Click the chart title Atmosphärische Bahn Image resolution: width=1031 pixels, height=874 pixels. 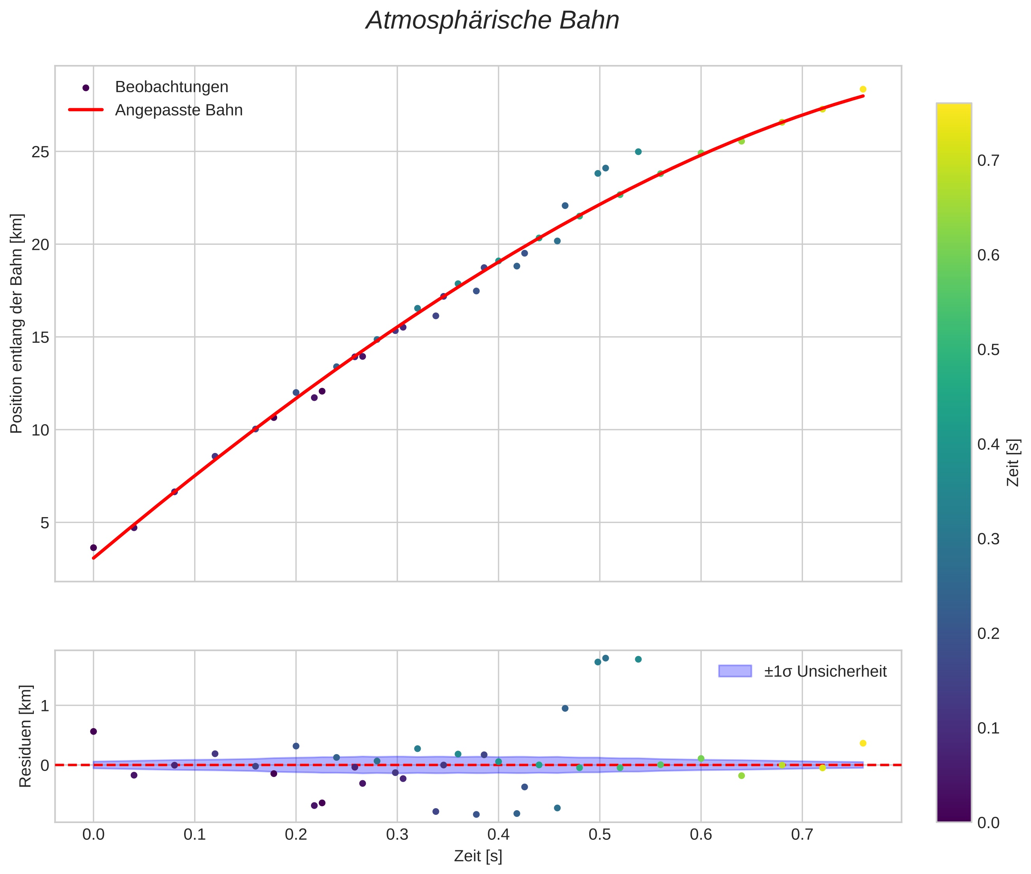click(492, 21)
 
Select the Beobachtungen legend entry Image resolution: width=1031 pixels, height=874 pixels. click(171, 87)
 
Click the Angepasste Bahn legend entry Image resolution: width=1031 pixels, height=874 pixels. click(178, 110)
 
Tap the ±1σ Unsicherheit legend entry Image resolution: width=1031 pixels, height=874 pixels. click(825, 671)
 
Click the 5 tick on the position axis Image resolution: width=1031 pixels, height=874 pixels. click(45, 523)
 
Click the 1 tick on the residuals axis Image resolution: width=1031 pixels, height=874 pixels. click(45, 706)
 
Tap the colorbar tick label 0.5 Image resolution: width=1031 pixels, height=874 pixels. click(988, 350)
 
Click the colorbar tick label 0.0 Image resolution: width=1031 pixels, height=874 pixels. click(988, 823)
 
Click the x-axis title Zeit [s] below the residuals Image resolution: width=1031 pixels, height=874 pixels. click(478, 856)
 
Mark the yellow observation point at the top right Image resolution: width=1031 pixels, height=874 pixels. click(862, 89)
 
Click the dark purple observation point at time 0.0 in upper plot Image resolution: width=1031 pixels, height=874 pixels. click(93, 548)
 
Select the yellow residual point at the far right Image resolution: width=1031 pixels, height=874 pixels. click(862, 743)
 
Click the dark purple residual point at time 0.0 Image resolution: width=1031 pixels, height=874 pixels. click(93, 731)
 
